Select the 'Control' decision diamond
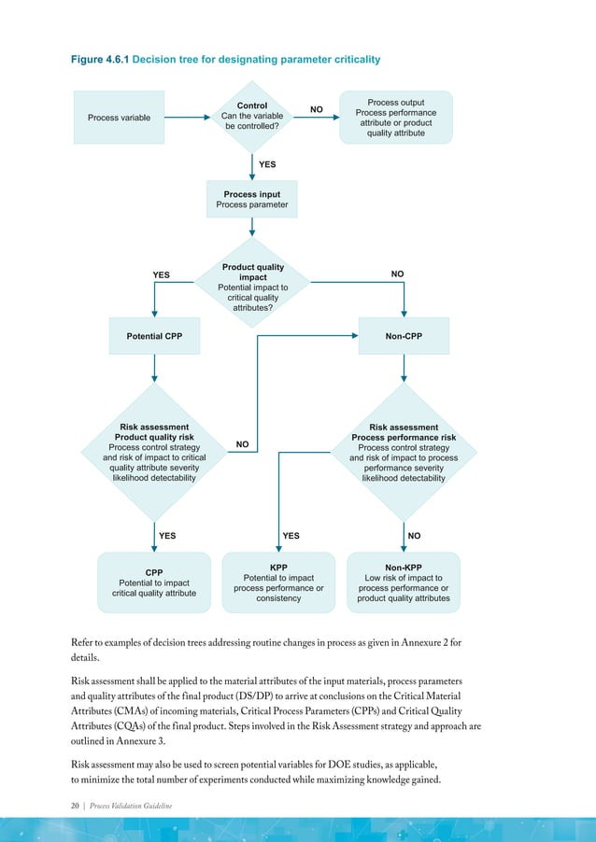click(251, 117)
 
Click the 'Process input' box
click(251, 200)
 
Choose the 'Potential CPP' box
click(154, 335)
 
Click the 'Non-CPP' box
click(404, 335)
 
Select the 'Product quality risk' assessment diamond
click(154, 453)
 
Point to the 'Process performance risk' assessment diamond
click(404, 453)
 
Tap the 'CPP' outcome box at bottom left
click(154, 582)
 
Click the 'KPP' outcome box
click(278, 582)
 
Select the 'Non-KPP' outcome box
click(404, 582)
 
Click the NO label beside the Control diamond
click(317, 109)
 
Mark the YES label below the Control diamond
click(267, 163)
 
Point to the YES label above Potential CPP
click(161, 274)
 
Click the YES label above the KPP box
click(291, 536)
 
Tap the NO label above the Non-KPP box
click(415, 536)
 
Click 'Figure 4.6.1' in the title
click(100, 60)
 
